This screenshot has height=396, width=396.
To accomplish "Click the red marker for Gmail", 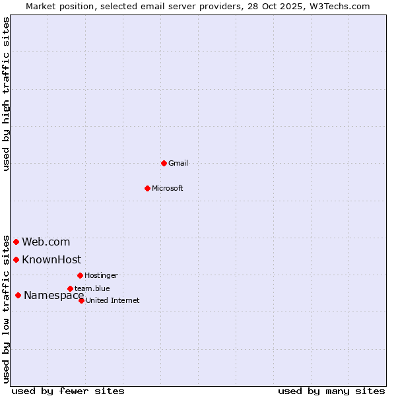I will pyautogui.click(x=164, y=163).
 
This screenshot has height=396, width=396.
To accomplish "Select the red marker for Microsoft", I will pyautogui.click(x=147, y=188).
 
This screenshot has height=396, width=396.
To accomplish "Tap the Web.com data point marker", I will pyautogui.click(x=16, y=242).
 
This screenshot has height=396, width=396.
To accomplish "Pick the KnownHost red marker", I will pyautogui.click(x=16, y=259).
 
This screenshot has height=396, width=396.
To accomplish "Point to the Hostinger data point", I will pyautogui.click(x=80, y=275).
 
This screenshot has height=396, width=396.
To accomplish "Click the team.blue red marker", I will pyautogui.click(x=70, y=288).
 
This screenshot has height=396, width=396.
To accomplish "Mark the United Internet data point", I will pyautogui.click(x=81, y=300).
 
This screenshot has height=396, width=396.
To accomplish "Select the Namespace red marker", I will pyautogui.click(x=18, y=295).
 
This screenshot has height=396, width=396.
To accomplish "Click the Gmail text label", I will pyautogui.click(x=178, y=163).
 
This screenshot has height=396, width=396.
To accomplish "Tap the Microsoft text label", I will pyautogui.click(x=168, y=188).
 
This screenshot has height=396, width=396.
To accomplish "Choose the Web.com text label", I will pyautogui.click(x=46, y=242).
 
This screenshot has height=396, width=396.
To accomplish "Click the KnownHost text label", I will pyautogui.click(x=51, y=259).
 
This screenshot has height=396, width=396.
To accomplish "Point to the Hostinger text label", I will pyautogui.click(x=101, y=275).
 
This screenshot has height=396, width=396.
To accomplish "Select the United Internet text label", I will pyautogui.click(x=113, y=300).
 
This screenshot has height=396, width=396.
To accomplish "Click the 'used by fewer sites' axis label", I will pyautogui.click(x=68, y=391).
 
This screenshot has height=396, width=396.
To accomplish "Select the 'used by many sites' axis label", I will pyautogui.click(x=331, y=391).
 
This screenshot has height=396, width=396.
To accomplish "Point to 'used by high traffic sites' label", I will pyautogui.click(x=6, y=94).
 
